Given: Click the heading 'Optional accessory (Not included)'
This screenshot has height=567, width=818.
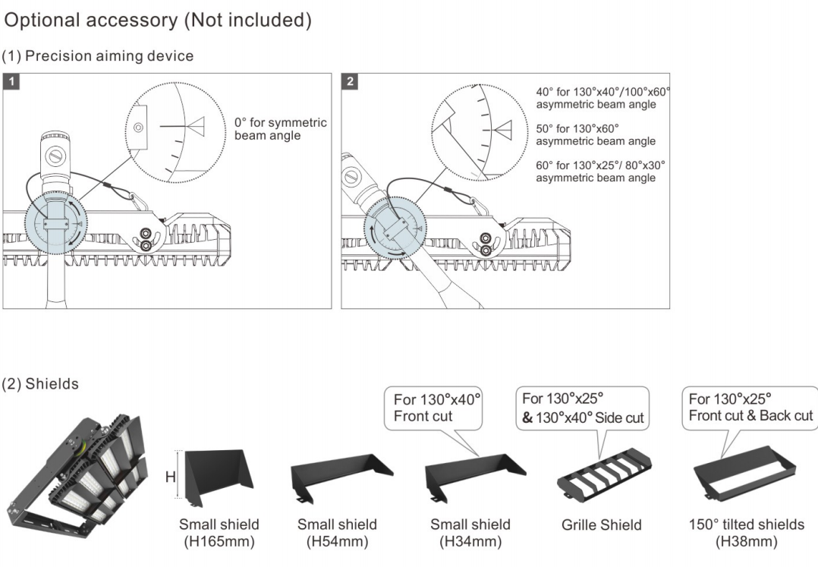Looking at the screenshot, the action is [158, 20].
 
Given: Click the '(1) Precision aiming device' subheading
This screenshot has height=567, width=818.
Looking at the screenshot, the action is [98, 56].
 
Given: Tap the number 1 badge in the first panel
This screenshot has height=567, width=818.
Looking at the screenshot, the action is [11, 81].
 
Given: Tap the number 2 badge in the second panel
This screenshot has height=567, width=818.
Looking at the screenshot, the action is [350, 81].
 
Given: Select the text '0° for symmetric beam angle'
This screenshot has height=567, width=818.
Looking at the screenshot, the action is [280, 129].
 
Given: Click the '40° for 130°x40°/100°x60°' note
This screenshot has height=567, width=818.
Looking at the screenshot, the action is [603, 98].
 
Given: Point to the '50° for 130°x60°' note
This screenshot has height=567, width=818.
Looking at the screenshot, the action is [596, 134].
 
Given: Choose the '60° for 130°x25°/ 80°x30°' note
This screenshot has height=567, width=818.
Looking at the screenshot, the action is [600, 172].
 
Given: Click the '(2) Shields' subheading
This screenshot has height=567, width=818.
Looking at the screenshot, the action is [40, 384].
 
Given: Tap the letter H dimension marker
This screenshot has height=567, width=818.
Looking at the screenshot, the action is [171, 476].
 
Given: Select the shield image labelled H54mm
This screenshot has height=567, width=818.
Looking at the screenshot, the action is [341, 478].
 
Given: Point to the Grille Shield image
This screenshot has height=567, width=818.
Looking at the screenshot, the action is [605, 475].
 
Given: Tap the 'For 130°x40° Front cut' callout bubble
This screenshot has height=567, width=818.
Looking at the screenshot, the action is [433, 408].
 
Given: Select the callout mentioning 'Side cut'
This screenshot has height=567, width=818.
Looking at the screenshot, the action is [582, 408].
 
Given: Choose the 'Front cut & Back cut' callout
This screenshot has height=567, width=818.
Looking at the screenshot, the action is [750, 408].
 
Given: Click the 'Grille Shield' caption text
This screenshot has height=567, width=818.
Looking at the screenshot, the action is [602, 524].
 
